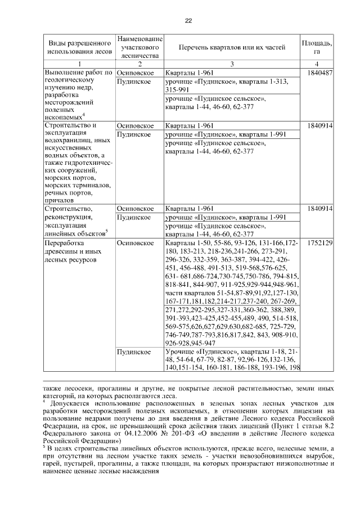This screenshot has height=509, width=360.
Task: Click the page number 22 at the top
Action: [188, 21]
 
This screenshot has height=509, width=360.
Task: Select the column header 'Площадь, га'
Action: [317, 47]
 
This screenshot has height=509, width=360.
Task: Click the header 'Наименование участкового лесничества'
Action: [139, 47]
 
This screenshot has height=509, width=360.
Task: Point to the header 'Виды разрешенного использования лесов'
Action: [79, 47]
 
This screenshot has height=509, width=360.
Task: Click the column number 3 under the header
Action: [232, 64]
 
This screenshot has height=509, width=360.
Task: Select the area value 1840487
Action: [321, 73]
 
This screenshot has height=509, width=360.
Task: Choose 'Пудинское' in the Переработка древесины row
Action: [133, 352]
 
